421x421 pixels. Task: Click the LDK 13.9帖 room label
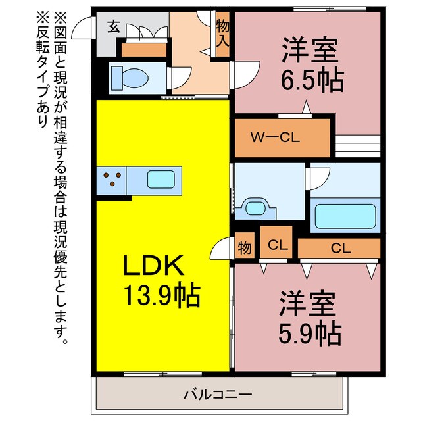click(161, 280)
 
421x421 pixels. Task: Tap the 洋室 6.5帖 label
click(312, 66)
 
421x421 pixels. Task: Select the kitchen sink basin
click(160, 180)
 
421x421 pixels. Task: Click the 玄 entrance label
click(113, 27)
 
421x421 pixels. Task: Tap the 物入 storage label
click(223, 32)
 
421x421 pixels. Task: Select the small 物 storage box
click(244, 248)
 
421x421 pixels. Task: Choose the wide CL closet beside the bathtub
click(339, 248)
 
